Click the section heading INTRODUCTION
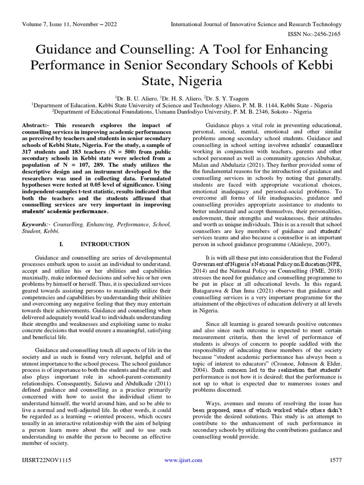pyautogui.click(x=105, y=244)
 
